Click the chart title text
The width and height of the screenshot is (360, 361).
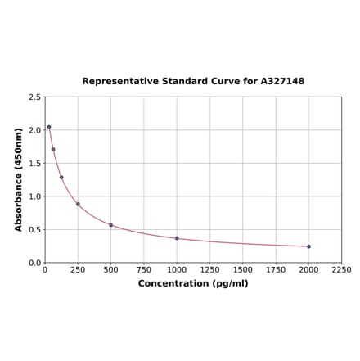[193, 82]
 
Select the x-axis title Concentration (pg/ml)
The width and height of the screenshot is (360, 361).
[193, 283]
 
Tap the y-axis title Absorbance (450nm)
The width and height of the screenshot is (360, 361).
[19, 179]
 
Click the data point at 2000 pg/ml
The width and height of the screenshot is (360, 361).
[308, 246]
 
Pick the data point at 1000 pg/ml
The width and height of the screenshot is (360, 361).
[177, 238]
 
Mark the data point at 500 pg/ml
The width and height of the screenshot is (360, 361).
[110, 225]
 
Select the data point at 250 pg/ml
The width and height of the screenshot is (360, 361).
[78, 204]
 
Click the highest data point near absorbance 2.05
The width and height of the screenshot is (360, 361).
[49, 127]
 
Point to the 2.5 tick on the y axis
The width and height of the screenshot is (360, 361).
[35, 97]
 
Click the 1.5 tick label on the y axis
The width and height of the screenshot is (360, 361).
[35, 164]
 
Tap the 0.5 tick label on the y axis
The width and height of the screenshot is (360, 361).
[35, 230]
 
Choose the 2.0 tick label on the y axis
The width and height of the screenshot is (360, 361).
[35, 130]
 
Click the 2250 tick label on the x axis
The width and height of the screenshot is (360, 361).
[341, 269]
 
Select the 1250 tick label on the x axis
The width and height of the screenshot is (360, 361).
[209, 269]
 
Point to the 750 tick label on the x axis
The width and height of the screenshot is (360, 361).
[143, 269]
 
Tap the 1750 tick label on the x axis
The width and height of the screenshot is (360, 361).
[276, 269]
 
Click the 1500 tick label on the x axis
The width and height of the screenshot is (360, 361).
[242, 269]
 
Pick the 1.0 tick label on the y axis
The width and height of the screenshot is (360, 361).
[35, 196]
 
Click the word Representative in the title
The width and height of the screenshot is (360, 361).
[118, 82]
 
